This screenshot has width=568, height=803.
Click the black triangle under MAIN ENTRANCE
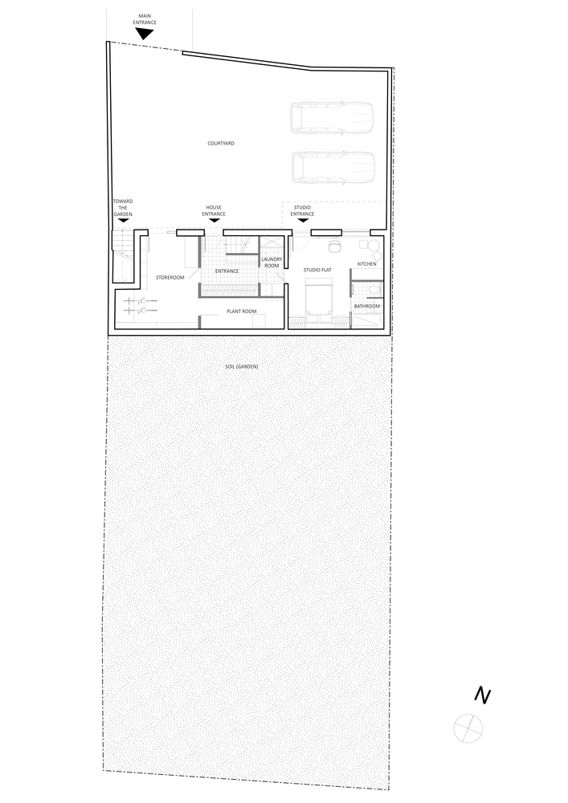[145, 34]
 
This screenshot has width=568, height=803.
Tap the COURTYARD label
[221, 144]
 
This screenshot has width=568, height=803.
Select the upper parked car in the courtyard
[332, 118]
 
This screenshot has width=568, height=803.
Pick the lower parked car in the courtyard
[333, 167]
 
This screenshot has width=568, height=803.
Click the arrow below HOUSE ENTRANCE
[214, 221]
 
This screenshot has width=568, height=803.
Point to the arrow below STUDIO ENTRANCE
[303, 221]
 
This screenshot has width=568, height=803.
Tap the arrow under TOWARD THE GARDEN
[123, 221]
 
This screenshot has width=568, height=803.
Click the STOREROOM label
[170, 278]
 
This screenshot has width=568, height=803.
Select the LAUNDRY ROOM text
[272, 263]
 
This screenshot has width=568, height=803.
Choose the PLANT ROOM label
[242, 312]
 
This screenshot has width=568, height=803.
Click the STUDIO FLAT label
[317, 270]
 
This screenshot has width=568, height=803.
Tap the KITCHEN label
[366, 263]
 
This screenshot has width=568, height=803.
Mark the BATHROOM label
[367, 306]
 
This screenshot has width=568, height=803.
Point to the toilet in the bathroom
[374, 290]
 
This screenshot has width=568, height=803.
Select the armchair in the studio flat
[335, 246]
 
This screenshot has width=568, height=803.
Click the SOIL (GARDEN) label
[241, 367]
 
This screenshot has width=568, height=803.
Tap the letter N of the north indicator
[483, 695]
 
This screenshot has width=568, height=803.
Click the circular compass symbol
[468, 729]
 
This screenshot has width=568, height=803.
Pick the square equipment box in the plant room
[259, 321]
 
